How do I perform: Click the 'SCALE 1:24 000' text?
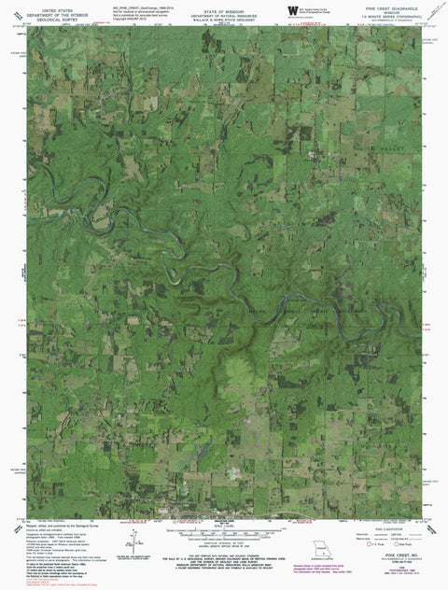[224, 529]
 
